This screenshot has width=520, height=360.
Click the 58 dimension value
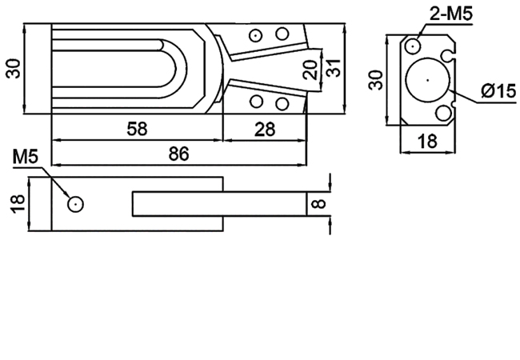[x=137, y=129]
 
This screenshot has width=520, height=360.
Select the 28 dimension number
[x=265, y=130]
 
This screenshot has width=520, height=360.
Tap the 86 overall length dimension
[x=178, y=154]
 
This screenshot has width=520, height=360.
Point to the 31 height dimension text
[x=333, y=68]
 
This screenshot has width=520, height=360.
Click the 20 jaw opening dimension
[x=310, y=70]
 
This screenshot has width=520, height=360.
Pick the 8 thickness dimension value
[x=319, y=203]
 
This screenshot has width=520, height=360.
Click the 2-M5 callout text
[x=450, y=14]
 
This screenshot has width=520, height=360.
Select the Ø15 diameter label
[x=498, y=91]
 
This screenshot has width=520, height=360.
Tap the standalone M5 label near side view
[x=26, y=157]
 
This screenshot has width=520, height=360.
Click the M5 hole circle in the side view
[x=76, y=204]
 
